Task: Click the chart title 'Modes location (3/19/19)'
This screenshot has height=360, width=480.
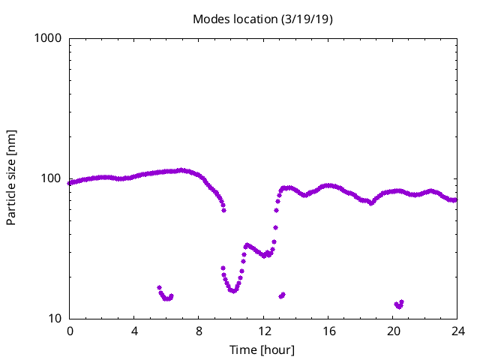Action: click(262, 19)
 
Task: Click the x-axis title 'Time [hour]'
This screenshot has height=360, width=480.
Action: click(262, 349)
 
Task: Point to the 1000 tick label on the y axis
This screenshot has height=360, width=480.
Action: click(49, 38)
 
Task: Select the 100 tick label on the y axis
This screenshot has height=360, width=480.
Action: click(52, 178)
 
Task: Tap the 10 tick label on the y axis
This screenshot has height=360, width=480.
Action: click(55, 319)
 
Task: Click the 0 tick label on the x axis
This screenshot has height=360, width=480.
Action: click(70, 331)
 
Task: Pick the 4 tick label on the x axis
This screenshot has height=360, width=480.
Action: click(134, 331)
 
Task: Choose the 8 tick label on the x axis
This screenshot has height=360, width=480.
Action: click(199, 331)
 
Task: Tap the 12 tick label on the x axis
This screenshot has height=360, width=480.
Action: click(264, 331)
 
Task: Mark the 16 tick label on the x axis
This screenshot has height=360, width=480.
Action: click(328, 331)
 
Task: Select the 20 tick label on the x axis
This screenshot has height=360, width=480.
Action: click(393, 331)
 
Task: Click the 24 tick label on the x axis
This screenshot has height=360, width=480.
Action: click(457, 331)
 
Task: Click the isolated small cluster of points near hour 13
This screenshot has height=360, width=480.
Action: click(282, 295)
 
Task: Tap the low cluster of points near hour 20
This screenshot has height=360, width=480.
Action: click(399, 304)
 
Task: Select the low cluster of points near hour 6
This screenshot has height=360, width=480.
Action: click(166, 296)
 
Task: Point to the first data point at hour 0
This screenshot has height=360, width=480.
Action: click(70, 183)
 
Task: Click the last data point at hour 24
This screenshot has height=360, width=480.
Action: click(456, 199)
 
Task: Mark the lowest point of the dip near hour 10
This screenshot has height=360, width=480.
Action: click(234, 290)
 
